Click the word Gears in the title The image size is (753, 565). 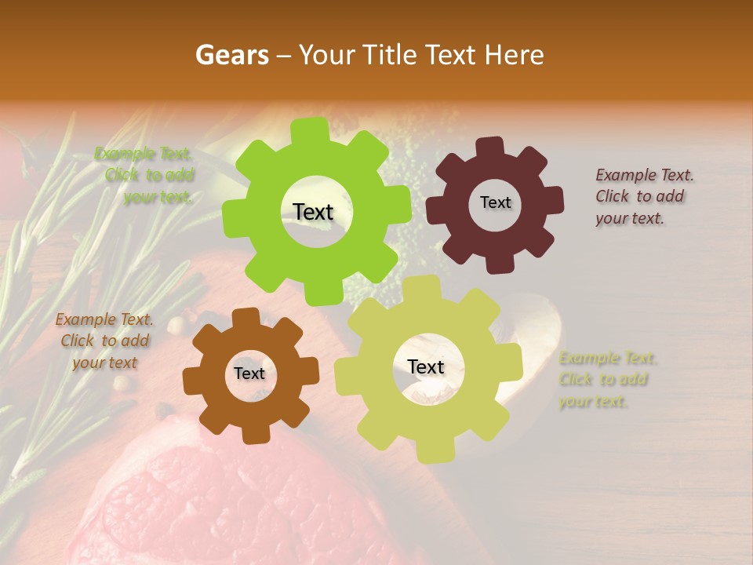click(x=231, y=55)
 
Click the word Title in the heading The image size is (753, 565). click(x=391, y=55)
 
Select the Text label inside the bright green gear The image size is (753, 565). click(x=313, y=212)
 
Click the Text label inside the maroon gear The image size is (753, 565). click(x=495, y=202)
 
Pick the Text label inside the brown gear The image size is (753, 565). click(x=249, y=374)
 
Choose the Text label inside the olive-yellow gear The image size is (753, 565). click(x=426, y=366)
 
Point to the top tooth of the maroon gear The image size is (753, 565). click(x=491, y=147)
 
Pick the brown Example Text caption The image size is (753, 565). click(x=104, y=341)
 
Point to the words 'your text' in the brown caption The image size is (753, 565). click(x=104, y=363)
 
